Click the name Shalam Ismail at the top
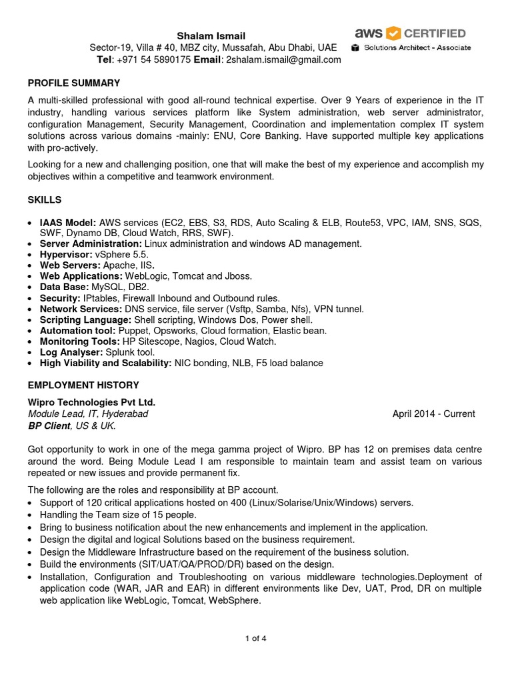(x=211, y=35)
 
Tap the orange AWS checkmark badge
(x=393, y=33)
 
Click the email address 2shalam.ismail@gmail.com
(x=283, y=59)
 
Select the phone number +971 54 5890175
(x=153, y=59)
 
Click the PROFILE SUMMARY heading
(x=73, y=83)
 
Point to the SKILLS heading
(x=44, y=200)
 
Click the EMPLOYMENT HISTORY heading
(x=83, y=385)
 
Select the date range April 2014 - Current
(x=433, y=414)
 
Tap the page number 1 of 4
(x=256, y=638)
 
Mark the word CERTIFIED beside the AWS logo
(x=436, y=33)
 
